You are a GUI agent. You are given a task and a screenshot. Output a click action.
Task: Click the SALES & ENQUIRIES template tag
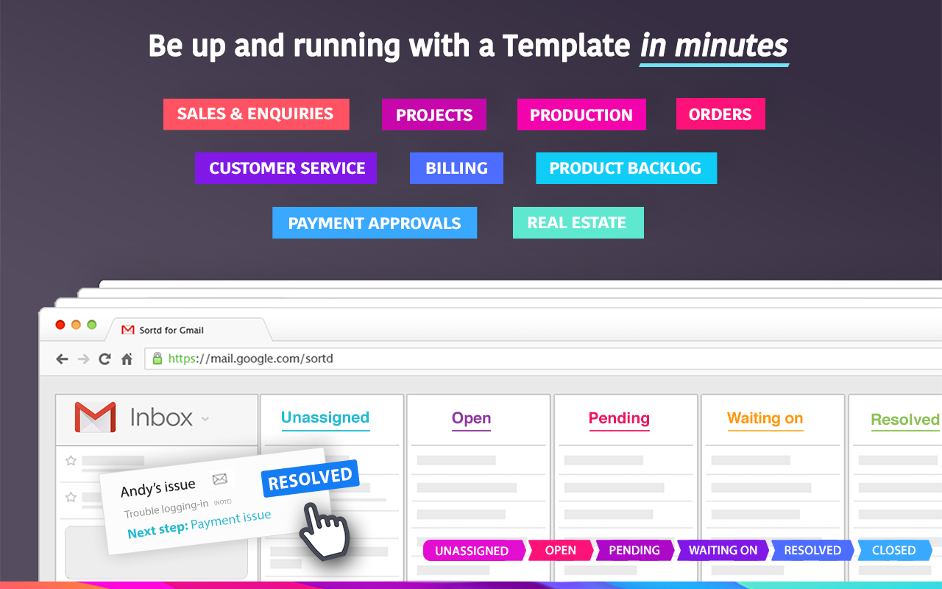256,114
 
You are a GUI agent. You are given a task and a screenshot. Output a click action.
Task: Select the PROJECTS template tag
434,114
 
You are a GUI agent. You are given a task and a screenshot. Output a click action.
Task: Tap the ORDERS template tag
720,114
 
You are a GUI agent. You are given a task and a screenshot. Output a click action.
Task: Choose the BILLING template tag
456,168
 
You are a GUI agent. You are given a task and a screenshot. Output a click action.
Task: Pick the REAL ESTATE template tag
578,222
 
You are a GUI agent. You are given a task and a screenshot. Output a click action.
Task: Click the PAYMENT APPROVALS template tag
375,222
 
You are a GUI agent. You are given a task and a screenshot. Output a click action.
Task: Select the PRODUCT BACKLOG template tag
626,168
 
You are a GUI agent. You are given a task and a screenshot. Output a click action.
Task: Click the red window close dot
60,325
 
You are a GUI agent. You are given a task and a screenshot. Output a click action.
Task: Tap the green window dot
92,325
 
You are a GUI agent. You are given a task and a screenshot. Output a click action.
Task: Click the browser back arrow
62,359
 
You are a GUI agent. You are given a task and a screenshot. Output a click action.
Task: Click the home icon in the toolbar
127,359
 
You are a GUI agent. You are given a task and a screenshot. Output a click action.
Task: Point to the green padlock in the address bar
157,359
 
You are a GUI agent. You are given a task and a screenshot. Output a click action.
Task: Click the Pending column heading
619,419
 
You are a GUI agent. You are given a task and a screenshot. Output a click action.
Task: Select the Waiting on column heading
765,419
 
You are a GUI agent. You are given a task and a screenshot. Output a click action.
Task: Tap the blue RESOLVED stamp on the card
311,479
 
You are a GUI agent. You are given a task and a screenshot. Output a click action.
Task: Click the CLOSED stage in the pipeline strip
894,550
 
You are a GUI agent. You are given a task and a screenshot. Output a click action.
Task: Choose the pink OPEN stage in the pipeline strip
561,550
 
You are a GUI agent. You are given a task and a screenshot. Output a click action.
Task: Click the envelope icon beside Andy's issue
220,479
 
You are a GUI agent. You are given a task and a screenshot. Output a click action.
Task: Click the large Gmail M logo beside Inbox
95,417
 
